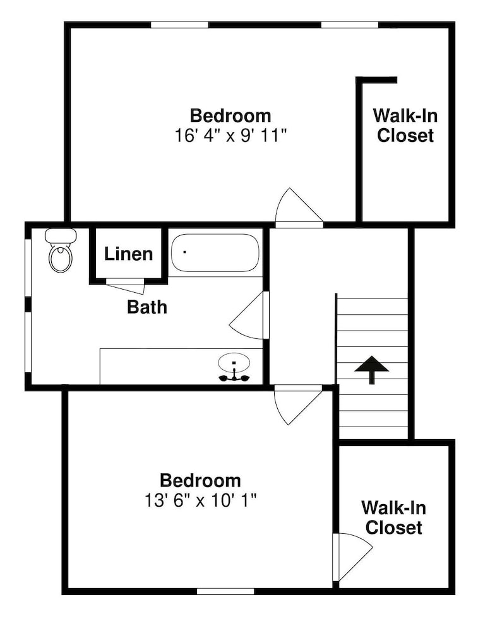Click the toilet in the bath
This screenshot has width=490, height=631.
[61, 250]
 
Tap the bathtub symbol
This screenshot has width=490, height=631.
[215, 253]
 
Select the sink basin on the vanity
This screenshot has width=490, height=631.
[234, 363]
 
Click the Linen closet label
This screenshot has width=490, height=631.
[128, 254]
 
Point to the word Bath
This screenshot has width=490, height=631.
[147, 307]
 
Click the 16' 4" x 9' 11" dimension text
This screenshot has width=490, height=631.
[230, 136]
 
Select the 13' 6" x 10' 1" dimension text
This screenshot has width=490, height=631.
[201, 501]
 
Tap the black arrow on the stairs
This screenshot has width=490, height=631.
[371, 369]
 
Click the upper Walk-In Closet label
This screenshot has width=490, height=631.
[405, 126]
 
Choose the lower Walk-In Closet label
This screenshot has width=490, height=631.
[394, 517]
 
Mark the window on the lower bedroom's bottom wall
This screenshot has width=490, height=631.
[225, 592]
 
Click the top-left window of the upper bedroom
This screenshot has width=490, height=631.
[179, 25]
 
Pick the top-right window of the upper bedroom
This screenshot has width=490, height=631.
[349, 25]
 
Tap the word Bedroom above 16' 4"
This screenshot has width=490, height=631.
[230, 116]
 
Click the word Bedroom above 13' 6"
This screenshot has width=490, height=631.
[201, 481]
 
